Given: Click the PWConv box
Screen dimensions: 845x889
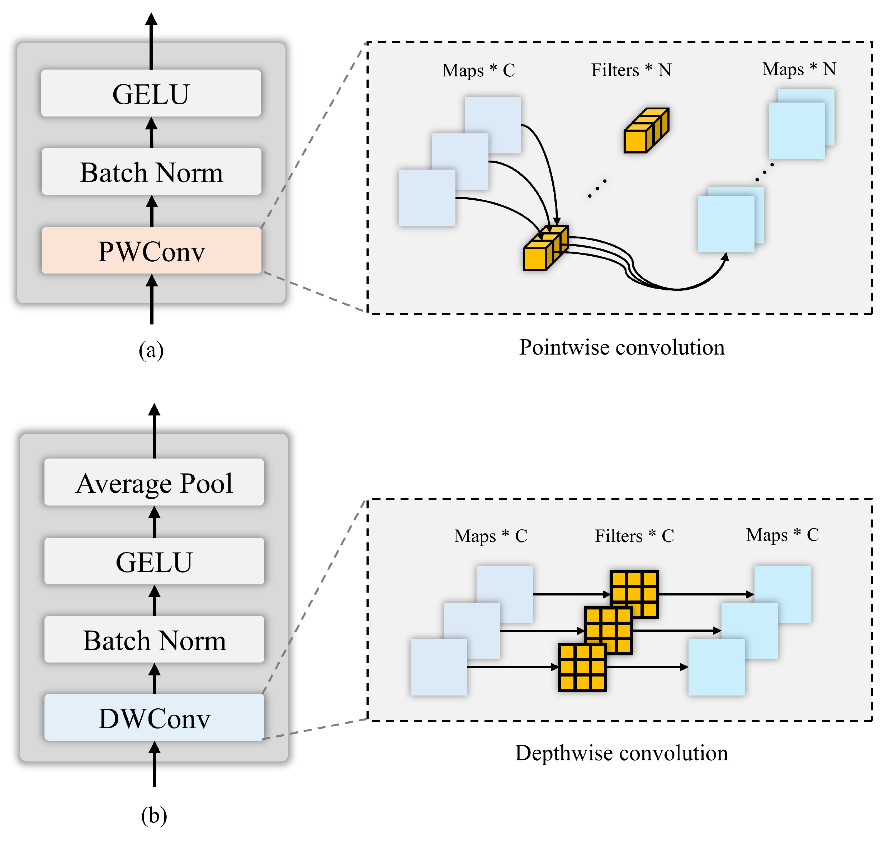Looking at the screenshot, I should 151,251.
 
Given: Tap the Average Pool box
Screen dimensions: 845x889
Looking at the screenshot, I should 154,483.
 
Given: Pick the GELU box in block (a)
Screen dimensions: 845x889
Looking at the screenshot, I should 151,93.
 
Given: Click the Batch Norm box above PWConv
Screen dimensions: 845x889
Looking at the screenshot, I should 151,172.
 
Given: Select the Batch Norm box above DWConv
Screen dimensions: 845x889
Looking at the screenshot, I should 154,640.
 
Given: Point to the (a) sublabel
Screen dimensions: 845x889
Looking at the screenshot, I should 151,350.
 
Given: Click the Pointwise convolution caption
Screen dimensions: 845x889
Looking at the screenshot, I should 622,347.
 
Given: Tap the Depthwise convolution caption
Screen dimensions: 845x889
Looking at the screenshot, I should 621,753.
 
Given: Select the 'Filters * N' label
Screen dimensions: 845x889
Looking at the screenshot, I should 631,70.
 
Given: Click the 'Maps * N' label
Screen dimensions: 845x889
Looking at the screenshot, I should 799,69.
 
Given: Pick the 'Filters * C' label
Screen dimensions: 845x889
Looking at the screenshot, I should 634,536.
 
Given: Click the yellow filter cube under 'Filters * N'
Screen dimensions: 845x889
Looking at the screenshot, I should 646,130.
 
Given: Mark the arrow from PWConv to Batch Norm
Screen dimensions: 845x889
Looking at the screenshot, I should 152,211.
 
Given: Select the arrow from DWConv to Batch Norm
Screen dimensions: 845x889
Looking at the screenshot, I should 155,678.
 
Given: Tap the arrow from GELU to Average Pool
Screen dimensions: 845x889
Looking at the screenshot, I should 155,522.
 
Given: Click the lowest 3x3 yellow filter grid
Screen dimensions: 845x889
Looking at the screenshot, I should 582,667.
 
